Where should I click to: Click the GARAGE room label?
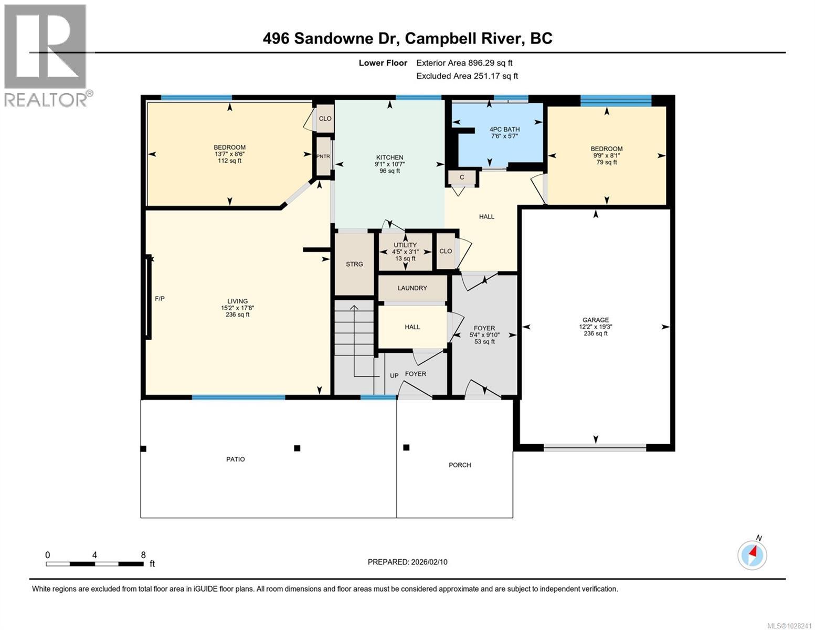click(x=595, y=320)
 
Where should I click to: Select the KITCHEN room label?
click(x=389, y=157)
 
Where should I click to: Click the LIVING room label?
click(x=237, y=301)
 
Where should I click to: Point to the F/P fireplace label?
click(x=160, y=299)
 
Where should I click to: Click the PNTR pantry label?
click(x=323, y=156)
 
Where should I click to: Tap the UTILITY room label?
click(x=405, y=245)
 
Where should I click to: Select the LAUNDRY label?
click(x=412, y=288)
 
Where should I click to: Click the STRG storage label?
click(x=354, y=264)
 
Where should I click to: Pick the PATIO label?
click(x=236, y=459)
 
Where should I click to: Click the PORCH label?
click(x=460, y=465)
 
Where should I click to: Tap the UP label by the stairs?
click(x=394, y=375)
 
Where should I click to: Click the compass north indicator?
click(x=753, y=554)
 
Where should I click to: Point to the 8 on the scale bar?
click(x=143, y=555)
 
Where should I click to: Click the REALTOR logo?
click(x=46, y=55)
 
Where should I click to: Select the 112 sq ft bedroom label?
click(x=229, y=154)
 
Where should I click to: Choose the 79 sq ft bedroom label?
click(x=607, y=155)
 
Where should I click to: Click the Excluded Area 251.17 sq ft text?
click(x=467, y=76)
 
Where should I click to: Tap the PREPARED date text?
click(x=407, y=562)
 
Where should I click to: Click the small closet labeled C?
click(x=462, y=177)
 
